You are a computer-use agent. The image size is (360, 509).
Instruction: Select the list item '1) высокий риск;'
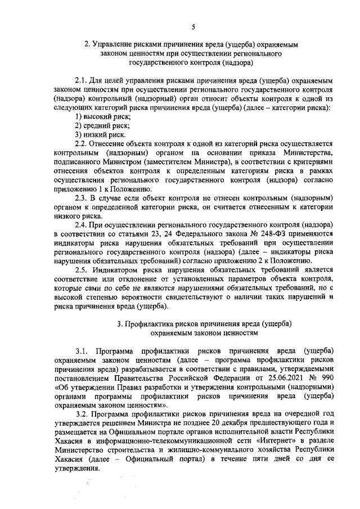click(x=103, y=116)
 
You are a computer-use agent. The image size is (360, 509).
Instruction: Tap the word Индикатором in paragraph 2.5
click(x=119, y=269)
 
